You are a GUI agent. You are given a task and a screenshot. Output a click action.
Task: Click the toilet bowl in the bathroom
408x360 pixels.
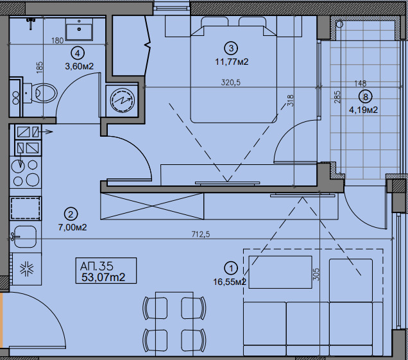pos(44,93)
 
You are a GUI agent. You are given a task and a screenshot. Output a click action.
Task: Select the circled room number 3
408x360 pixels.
pos(231,48)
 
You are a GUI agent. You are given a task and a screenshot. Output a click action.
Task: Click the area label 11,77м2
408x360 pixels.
pos(232,62)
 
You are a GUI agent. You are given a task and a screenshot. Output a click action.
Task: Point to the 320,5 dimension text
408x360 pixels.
pos(231,83)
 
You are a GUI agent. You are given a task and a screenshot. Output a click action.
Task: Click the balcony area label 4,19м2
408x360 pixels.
pos(363,110)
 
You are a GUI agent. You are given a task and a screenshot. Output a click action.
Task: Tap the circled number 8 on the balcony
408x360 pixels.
pos(366,97)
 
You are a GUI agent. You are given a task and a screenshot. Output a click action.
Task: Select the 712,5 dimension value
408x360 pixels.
pos(201,234)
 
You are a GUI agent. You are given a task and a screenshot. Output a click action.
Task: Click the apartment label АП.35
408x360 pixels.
pos(96,266)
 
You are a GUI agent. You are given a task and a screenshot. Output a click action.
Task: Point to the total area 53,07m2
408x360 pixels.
pos(103,277)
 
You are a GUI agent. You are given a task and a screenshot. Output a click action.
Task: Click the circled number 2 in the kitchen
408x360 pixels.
pos(71,214)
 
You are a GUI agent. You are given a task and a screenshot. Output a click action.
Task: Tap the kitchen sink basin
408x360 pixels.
pos(25,236)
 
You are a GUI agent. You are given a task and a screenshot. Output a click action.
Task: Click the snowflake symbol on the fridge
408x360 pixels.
pos(27,268)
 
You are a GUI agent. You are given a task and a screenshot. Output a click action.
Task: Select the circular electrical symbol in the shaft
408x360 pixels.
pos(123,100)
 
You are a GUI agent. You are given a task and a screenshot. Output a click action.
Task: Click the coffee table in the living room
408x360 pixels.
pos(280,272)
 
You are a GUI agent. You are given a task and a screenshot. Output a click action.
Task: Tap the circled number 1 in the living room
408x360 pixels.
pos(231,268)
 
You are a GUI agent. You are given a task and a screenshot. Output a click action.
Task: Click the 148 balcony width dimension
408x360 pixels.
pos(361,83)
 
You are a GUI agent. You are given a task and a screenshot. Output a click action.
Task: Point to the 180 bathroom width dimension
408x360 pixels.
pos(58,40)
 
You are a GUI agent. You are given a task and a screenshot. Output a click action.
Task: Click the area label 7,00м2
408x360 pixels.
pos(72,228)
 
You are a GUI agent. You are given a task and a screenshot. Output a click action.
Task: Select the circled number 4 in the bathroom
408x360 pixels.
pos(78,53)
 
